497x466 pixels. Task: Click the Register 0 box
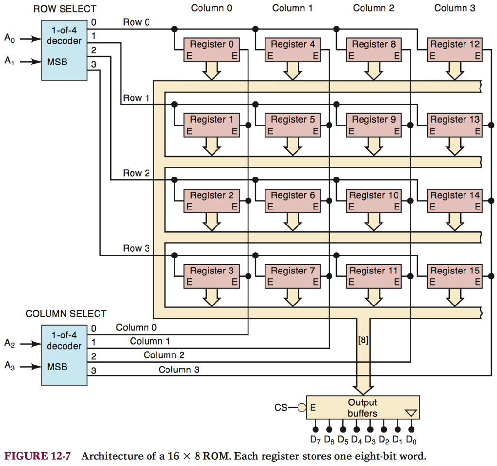point(211,49)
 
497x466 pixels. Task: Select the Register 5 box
point(293,125)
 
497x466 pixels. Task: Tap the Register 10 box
point(374,200)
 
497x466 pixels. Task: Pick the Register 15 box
point(455,276)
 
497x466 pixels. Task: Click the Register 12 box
point(455,49)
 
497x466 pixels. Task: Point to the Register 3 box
point(211,276)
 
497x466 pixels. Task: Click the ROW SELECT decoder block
point(64,50)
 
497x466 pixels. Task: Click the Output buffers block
point(362,408)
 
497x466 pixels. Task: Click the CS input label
point(281,408)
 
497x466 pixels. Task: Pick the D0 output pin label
point(412,440)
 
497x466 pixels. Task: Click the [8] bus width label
point(363,340)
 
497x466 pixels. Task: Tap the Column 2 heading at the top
point(374,8)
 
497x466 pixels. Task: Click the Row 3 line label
point(136,248)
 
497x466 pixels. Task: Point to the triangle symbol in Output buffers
point(411,413)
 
